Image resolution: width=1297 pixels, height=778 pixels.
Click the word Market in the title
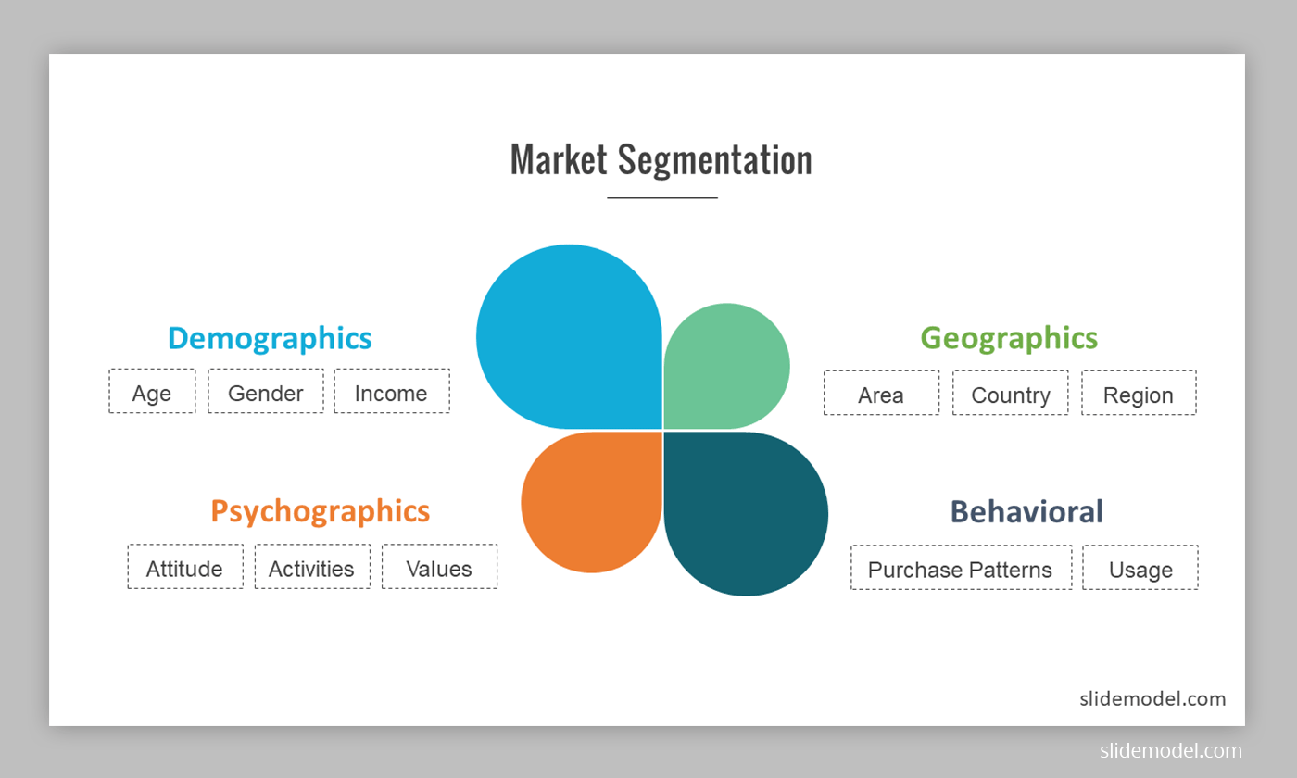[559, 159]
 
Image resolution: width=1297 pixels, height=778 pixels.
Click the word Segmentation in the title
[714, 159]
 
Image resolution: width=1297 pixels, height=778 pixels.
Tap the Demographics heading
[270, 338]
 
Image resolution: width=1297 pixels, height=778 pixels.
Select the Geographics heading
[1009, 337]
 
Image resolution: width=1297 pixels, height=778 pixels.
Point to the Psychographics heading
[320, 511]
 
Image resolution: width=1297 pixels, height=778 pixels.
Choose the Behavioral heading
[1026, 511]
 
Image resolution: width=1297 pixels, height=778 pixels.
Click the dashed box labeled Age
[152, 392]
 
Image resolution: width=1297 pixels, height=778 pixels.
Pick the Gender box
[266, 392]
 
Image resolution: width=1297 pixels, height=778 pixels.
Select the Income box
[391, 392]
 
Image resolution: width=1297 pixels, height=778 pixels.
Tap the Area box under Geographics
[881, 394]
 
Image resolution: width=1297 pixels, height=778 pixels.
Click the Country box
[1010, 394]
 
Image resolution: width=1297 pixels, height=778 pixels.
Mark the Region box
[1139, 394]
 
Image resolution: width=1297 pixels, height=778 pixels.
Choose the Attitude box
[185, 567]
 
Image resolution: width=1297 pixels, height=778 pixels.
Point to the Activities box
[312, 567]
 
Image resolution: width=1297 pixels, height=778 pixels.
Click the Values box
[439, 567]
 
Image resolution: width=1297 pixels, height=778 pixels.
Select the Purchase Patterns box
[961, 568]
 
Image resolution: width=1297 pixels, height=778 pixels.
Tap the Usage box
[1140, 568]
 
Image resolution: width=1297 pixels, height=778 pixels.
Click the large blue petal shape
[567, 338]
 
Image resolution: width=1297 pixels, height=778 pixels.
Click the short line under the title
[661, 197]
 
